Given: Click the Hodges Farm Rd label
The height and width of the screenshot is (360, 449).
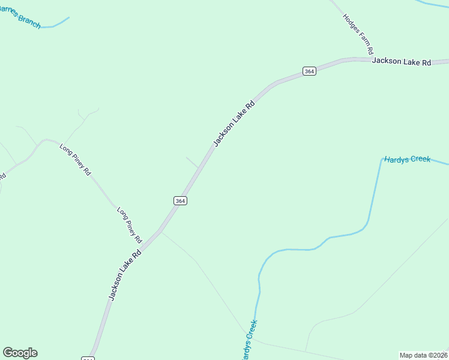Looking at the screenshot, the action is coord(358,33).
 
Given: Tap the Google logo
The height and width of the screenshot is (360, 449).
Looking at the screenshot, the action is coord(20,353).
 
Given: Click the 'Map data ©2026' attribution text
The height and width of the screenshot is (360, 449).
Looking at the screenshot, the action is coord(423,355).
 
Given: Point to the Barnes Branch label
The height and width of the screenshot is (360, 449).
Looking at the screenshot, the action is coord(19,17).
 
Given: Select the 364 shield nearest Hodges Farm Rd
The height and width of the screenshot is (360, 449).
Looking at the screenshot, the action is coord(309,71).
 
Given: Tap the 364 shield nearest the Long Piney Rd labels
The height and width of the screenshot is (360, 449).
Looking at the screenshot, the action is coord(180,200).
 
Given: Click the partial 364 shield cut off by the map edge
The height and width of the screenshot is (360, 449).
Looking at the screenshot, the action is coord(88,358).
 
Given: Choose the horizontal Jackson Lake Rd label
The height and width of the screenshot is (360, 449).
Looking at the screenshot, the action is coord(402,61).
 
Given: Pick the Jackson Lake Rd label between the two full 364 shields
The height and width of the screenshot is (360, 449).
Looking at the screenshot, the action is coord(235,123).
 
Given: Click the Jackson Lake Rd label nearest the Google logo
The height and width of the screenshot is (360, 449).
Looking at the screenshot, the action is coord(125,274).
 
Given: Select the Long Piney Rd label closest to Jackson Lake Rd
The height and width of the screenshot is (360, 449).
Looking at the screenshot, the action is coord(130,224).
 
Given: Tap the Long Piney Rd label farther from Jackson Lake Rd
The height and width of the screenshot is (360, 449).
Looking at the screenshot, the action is coord(76,159).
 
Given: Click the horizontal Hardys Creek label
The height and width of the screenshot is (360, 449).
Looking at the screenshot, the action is coord(408,159).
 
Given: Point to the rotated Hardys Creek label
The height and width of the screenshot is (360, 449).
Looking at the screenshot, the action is coord(249,340).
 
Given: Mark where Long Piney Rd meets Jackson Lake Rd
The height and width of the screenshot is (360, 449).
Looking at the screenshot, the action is coord(159,231).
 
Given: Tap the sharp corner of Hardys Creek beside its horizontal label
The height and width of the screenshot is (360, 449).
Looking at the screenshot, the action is coord(382,159).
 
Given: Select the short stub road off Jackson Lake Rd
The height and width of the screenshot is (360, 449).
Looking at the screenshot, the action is coord(192,162).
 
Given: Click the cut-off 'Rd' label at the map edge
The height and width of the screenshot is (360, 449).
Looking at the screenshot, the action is coord(2,176).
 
